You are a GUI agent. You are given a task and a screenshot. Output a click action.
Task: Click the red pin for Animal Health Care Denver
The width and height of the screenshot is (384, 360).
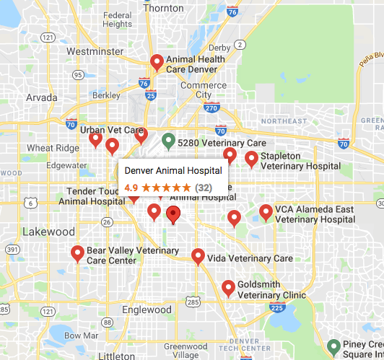click(156, 63)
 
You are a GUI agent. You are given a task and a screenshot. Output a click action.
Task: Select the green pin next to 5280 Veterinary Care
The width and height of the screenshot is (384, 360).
click(168, 141)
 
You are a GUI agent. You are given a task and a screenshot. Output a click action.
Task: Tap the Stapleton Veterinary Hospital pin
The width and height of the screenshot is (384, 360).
click(251, 159)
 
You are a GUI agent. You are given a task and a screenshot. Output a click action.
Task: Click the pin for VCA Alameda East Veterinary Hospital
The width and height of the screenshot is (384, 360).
click(266, 212)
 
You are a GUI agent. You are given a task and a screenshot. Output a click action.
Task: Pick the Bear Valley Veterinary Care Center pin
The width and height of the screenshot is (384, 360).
click(77, 253)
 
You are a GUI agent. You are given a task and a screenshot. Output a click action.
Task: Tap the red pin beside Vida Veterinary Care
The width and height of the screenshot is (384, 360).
click(198, 256)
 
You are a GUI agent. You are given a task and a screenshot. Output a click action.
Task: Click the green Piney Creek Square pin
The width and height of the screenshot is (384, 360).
click(333, 347)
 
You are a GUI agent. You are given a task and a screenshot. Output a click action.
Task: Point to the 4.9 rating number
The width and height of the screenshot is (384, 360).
click(131, 187)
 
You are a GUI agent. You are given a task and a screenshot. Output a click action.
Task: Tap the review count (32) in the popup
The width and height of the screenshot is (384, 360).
click(204, 187)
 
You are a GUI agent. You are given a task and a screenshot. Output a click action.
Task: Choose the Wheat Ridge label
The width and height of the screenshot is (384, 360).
click(49, 148)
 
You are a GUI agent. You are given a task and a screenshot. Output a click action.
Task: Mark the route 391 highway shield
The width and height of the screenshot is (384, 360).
click(12, 249)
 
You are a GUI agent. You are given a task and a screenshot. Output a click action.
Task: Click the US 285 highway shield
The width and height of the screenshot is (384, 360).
click(193, 300)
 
